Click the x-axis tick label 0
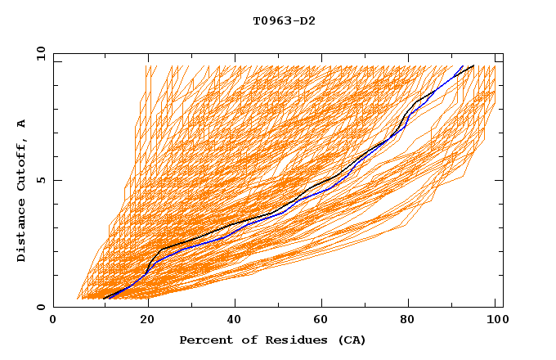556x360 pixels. point(53,321)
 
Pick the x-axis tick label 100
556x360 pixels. point(495,321)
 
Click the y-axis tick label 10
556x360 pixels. point(40,53)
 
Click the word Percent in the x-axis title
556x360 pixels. point(203,340)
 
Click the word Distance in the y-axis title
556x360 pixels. point(22,232)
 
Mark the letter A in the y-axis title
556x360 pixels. point(22,124)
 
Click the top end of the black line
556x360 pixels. point(473,65)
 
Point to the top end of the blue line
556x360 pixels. point(463,65)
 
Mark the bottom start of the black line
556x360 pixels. point(105,299)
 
